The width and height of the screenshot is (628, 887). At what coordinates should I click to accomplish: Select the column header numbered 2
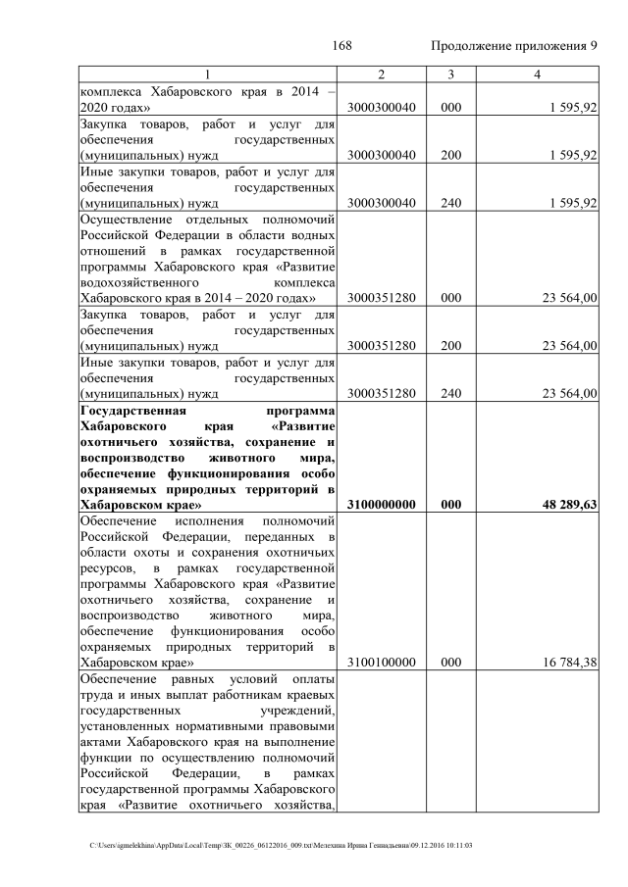pos(381,75)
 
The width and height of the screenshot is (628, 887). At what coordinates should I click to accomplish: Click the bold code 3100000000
pos(382,505)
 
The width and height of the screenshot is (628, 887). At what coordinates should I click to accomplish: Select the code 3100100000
pos(382,664)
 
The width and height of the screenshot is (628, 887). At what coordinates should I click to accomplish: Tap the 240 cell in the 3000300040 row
pos(450,203)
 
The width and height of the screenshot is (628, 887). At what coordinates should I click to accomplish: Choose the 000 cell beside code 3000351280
pos(450,298)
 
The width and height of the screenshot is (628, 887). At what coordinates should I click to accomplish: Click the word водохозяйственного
pos(142,282)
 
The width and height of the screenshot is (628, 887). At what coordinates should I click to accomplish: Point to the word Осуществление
pos(125,220)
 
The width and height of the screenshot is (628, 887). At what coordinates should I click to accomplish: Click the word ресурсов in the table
pos(106,568)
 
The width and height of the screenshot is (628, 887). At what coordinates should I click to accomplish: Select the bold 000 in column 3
pos(450,505)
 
